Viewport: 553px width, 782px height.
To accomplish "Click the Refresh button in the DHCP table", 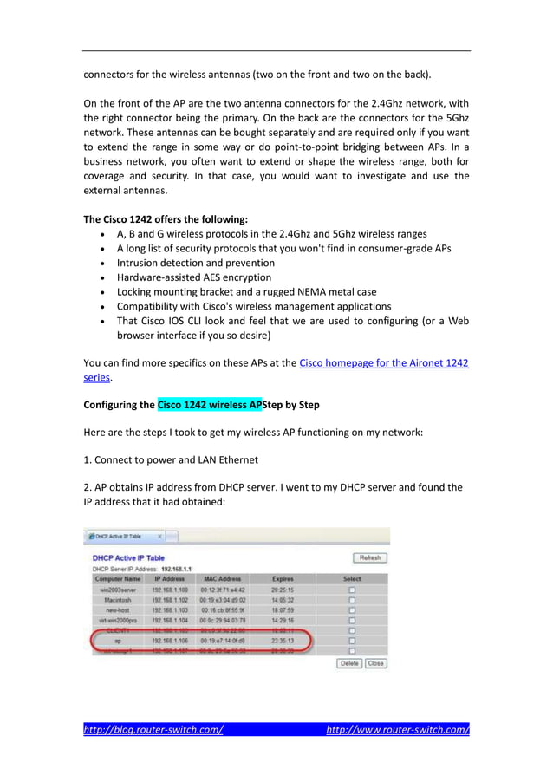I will (x=369, y=557).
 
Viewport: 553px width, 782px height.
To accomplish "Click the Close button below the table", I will (x=375, y=663).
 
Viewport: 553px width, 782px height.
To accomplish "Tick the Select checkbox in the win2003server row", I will (x=352, y=590).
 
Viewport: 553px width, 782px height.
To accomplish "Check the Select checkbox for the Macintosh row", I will (x=352, y=600).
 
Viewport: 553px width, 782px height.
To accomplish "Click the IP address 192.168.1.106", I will (x=170, y=642).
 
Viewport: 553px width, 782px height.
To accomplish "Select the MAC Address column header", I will (x=223, y=578).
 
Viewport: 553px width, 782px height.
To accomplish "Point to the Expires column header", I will (x=282, y=578).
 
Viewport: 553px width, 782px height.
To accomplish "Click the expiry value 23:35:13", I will (x=282, y=642).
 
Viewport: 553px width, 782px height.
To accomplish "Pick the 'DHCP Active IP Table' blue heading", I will (x=128, y=557).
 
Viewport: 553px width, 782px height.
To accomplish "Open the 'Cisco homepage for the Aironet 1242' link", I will (x=383, y=362).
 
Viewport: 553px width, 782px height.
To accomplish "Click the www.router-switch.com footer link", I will (x=398, y=730).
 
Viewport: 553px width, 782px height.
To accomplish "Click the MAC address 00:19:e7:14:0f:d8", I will (x=223, y=642).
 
